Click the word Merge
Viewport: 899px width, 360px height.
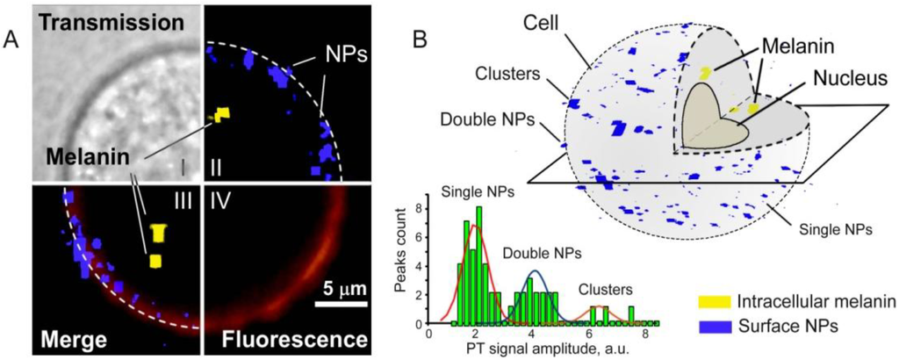[x=71, y=338]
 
